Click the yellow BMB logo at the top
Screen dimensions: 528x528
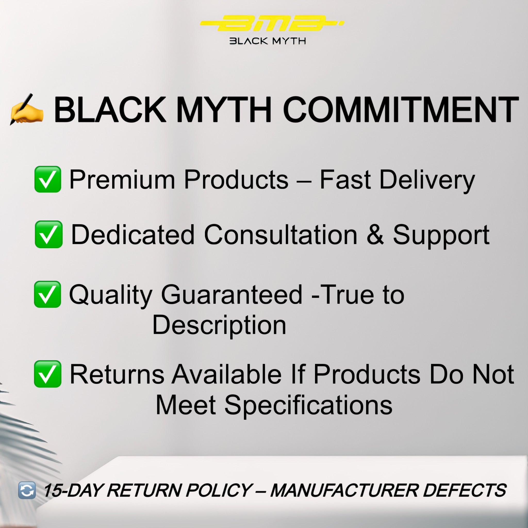tap(272, 23)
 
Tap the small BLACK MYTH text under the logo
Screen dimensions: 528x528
tap(268, 41)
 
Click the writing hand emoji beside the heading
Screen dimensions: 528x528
tap(26, 109)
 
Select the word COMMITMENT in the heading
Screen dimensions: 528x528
tap(401, 110)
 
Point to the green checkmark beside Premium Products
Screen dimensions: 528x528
tap(47, 179)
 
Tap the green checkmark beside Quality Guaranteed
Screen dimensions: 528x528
tap(47, 294)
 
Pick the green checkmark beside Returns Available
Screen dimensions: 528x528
tap(47, 374)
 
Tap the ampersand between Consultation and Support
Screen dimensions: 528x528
tap(375, 235)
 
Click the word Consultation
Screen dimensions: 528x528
tap(281, 235)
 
